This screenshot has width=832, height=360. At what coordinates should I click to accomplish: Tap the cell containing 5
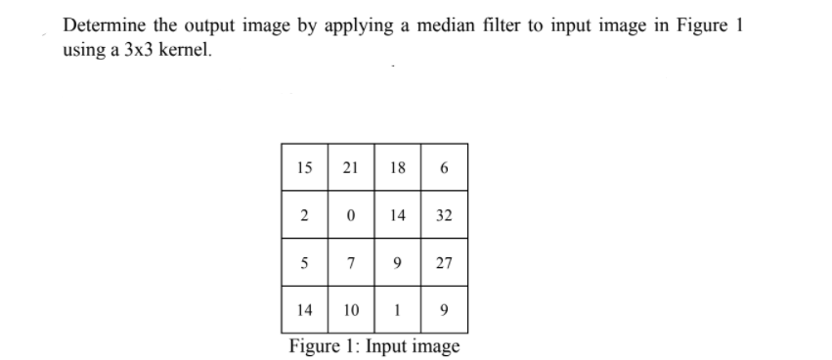click(304, 263)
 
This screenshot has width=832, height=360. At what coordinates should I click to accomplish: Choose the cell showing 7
click(350, 263)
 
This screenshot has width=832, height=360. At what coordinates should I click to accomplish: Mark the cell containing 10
click(350, 310)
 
